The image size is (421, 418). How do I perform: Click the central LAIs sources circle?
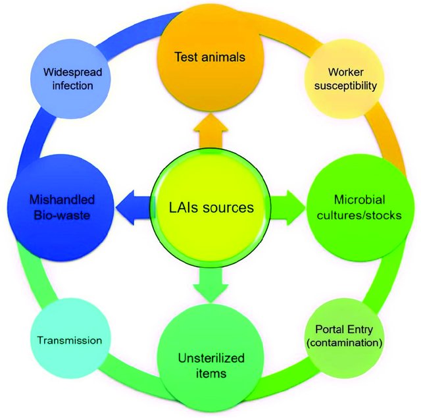pyautogui.click(x=210, y=209)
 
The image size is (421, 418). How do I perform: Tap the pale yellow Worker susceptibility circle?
pyautogui.click(x=343, y=78)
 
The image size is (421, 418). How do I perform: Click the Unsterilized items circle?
pyautogui.click(x=202, y=365)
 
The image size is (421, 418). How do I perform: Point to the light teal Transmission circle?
pyautogui.click(x=69, y=340)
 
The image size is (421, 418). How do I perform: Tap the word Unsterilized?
pyautogui.click(x=202, y=358)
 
